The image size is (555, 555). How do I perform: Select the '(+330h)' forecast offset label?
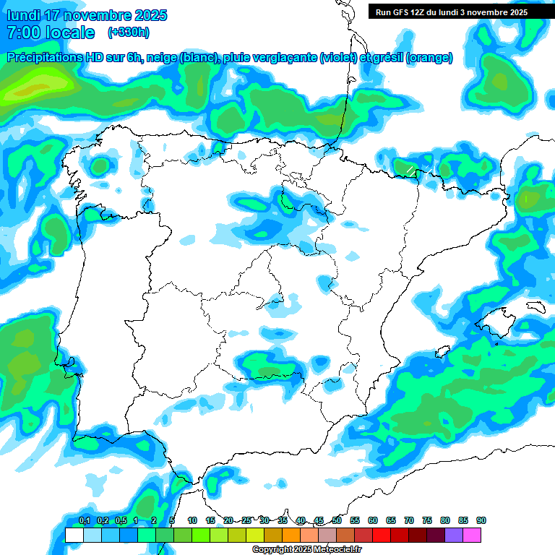[x=128, y=33]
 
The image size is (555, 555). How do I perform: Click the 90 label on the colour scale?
[x=481, y=520]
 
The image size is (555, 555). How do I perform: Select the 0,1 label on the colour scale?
[x=84, y=520]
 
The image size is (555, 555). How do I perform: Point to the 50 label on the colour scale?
[x=337, y=520]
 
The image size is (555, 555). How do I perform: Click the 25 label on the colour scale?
[x=246, y=520]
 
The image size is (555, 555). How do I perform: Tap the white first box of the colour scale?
[x=74, y=535]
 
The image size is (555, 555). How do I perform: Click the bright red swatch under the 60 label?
[x=382, y=535]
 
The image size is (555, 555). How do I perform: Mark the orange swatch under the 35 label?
[x=291, y=535]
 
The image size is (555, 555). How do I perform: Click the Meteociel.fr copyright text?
[x=306, y=549]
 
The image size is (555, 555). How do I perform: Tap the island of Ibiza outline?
[x=438, y=352]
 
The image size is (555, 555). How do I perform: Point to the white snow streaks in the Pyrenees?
[x=410, y=171]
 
